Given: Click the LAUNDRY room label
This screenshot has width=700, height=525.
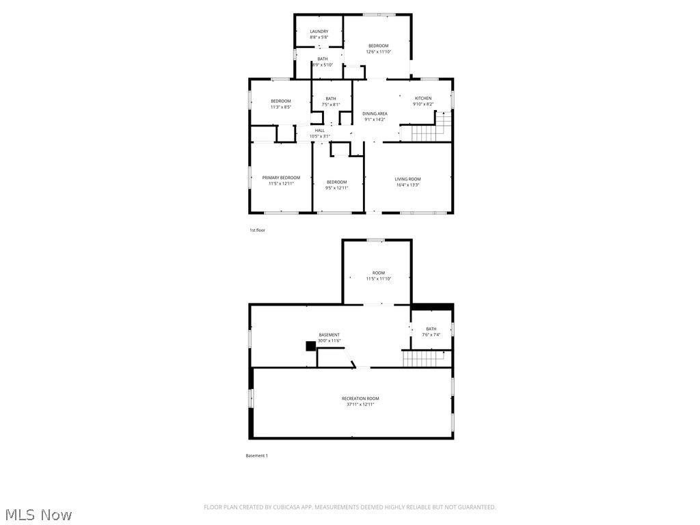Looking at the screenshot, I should coord(319,31).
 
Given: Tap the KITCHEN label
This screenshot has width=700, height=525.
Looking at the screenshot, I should coord(423,98).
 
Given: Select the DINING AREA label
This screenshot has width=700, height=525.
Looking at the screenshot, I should coord(375,113).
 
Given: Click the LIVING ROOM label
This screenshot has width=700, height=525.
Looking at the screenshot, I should coord(407,179).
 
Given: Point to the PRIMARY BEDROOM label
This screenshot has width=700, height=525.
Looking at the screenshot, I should coord(281,178).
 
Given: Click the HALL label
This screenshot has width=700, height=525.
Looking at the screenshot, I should coord(320,131).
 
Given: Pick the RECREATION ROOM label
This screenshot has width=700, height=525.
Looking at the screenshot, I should coord(360,399).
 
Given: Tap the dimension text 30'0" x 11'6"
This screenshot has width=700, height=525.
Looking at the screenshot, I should coord(329,340).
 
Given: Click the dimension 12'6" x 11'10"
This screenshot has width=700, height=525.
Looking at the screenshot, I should coord(378,52).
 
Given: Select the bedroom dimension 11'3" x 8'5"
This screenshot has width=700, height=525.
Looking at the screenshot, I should coord(280,107).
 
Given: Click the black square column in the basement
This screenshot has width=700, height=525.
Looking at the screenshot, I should coord(310,347).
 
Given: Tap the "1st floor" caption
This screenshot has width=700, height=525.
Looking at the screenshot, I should coord(257,230).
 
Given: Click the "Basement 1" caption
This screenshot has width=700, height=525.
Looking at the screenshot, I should coord(256,456).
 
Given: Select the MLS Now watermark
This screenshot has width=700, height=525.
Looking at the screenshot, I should coord(38,514).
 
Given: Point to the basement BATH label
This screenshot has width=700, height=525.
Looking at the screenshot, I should coord(431,329).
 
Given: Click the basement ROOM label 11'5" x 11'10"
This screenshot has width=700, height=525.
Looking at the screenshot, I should coord(378,273).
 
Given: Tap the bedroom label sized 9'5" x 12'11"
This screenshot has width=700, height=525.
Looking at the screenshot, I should coord(337,182).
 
